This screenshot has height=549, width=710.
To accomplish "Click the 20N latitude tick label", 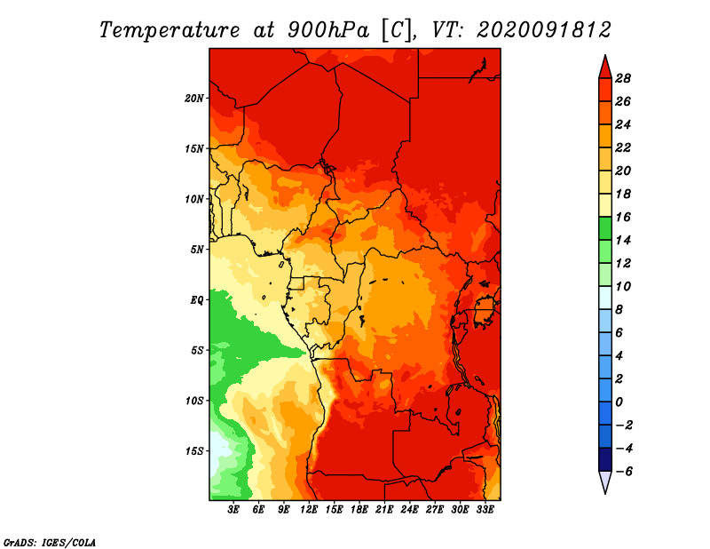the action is pyautogui.click(x=194, y=99).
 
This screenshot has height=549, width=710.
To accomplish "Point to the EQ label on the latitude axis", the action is pyautogui.click(x=197, y=300).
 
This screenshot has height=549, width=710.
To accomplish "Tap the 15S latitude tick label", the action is pyautogui.click(x=194, y=451).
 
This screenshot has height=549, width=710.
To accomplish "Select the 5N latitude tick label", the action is pyautogui.click(x=197, y=250).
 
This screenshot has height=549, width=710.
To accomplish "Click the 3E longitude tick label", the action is pyautogui.click(x=233, y=510).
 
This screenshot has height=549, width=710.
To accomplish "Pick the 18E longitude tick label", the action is pyautogui.click(x=359, y=510).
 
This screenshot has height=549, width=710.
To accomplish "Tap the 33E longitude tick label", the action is pyautogui.click(x=485, y=510).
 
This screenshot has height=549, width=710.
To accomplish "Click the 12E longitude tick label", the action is pyautogui.click(x=309, y=510).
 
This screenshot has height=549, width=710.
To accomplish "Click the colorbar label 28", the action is pyautogui.click(x=623, y=78).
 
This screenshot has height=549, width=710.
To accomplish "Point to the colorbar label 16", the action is pyautogui.click(x=623, y=217).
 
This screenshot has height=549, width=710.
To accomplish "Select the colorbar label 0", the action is pyautogui.click(x=619, y=402).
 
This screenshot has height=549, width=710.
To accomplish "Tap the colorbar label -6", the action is pyautogui.click(x=623, y=472).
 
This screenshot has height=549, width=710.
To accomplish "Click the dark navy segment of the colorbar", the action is pyautogui.click(x=605, y=459).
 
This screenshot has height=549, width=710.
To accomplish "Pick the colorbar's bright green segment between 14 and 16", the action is pyautogui.click(x=605, y=228).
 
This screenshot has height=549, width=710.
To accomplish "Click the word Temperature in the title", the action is pyautogui.click(x=170, y=30).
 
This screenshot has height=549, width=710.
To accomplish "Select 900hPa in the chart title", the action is pyautogui.click(x=328, y=30).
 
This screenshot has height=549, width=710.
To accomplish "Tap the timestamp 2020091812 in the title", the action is pyautogui.click(x=544, y=30).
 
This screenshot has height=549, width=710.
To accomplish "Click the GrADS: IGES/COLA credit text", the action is pyautogui.click(x=50, y=542).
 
